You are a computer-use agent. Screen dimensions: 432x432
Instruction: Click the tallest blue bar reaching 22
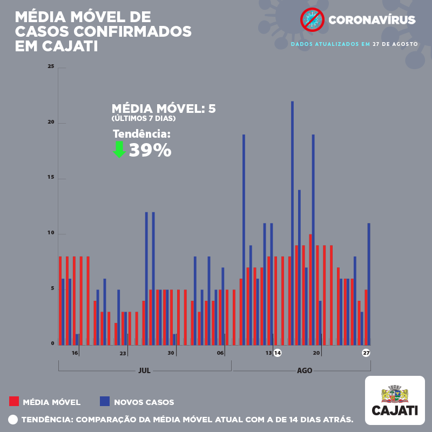click(x=292, y=222)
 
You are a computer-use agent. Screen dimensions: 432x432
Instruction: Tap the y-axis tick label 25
click(x=51, y=66)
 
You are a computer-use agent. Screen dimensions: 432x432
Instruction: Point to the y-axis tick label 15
click(x=51, y=178)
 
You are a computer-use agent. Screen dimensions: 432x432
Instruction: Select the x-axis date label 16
click(x=75, y=353)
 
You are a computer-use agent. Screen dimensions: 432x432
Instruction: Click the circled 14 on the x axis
click(x=278, y=353)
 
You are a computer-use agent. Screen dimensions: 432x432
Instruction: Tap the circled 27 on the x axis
click(x=366, y=353)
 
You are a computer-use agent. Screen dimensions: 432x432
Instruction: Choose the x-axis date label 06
click(x=220, y=353)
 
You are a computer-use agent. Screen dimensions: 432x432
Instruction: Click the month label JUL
click(x=144, y=371)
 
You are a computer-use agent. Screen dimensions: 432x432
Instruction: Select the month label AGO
click(x=305, y=371)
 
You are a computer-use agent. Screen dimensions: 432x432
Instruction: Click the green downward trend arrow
click(x=119, y=150)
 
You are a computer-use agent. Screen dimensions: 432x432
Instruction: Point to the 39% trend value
click(x=150, y=151)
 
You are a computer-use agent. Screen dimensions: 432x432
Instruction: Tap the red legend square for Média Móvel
click(x=14, y=401)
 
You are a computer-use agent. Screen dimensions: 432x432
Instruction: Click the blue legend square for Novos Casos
click(x=105, y=401)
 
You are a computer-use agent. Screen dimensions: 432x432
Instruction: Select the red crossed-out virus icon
click(x=312, y=20)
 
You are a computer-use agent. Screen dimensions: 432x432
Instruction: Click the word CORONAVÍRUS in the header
click(x=372, y=21)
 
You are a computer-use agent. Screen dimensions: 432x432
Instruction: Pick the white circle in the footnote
click(x=13, y=420)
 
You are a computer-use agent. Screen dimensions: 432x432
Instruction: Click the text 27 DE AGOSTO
click(x=395, y=44)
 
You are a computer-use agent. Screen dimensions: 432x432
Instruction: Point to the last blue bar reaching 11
click(x=369, y=284)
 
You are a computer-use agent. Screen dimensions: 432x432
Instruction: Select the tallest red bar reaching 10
click(x=310, y=289)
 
